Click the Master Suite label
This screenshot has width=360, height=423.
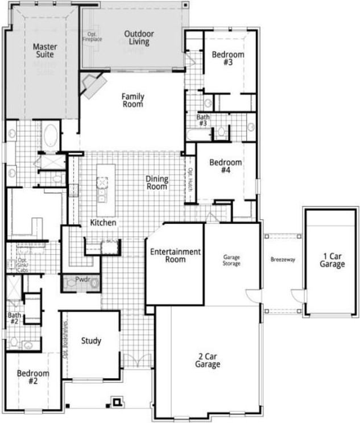click(x=44, y=51)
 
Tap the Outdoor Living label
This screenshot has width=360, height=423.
click(x=139, y=38)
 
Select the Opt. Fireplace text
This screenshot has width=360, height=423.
click(x=92, y=37)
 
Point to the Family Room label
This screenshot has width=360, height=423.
click(x=133, y=101)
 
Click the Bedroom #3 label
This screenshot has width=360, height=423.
click(x=227, y=59)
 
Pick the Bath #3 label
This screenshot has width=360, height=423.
click(x=203, y=120)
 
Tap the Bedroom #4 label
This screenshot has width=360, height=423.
click(x=225, y=166)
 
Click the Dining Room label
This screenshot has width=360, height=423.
click(x=157, y=183)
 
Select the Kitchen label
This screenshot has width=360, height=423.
click(x=103, y=223)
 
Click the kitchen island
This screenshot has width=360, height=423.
click(x=105, y=183)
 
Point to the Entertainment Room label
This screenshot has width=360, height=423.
click(x=175, y=256)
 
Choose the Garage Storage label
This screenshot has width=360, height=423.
click(x=231, y=260)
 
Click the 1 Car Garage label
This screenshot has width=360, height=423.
click(x=332, y=260)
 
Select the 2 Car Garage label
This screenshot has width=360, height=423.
click(x=208, y=360)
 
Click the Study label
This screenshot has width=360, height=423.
click(x=91, y=341)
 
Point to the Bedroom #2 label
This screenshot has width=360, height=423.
click(x=32, y=377)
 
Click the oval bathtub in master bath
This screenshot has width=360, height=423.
click(x=49, y=136)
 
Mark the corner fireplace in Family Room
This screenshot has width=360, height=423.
click(x=93, y=85)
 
